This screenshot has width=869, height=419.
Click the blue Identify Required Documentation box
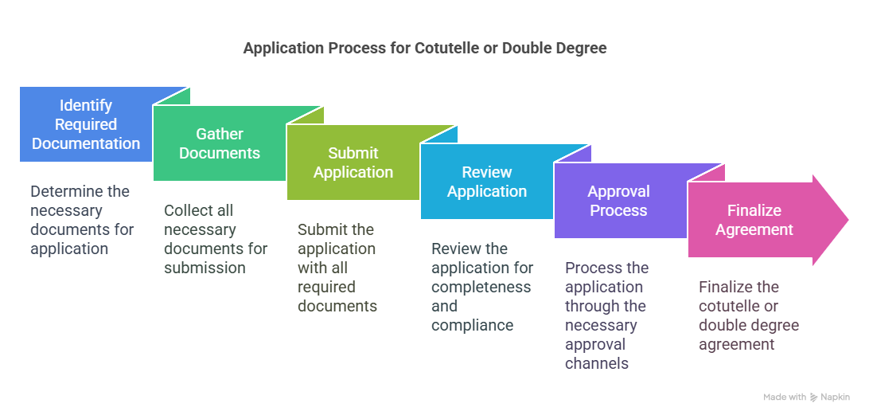[86, 124]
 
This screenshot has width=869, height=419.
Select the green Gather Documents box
[220, 143]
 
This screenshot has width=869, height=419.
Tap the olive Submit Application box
[353, 162]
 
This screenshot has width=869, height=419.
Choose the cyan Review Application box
[486, 182]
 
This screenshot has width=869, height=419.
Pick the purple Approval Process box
[620, 201]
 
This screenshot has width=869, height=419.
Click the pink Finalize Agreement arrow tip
[848, 220]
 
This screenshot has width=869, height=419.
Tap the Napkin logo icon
[814, 397]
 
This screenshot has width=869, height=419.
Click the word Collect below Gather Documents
[184, 210]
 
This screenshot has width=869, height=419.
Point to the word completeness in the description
[481, 287]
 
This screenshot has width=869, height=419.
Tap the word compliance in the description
[472, 325]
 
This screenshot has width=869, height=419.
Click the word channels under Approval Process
[597, 363]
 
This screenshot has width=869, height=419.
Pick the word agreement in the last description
[736, 345]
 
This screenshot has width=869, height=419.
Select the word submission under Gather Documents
[205, 268]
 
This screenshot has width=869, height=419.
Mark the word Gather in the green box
[220, 134]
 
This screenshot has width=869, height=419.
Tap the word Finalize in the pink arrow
[754, 210]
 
